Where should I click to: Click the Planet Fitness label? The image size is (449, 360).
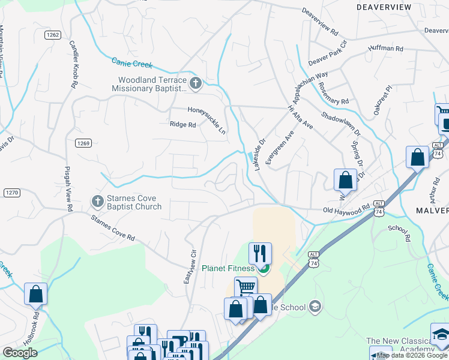pyautogui.click(x=228, y=268)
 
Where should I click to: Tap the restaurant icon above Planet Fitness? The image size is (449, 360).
pyautogui.click(x=260, y=253)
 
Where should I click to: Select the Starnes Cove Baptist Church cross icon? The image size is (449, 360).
pyautogui.click(x=97, y=200)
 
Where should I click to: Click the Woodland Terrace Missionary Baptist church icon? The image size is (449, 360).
pyautogui.click(x=195, y=83)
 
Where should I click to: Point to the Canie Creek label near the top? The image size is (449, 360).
pyautogui.click(x=132, y=62)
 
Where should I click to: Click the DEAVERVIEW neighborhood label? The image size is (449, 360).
pyautogui.click(x=384, y=7)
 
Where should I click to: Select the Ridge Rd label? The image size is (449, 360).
pyautogui.click(x=183, y=125)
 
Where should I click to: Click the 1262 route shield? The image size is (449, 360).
pyautogui.click(x=53, y=35)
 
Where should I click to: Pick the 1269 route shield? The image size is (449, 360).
pyautogui.click(x=83, y=143)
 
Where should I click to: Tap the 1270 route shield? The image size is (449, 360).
pyautogui.click(x=11, y=192)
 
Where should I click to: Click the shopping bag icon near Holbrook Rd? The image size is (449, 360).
pyautogui.click(x=35, y=293)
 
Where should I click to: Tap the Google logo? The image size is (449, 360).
pyautogui.click(x=20, y=352)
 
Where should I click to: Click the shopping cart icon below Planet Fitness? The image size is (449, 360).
pyautogui.click(x=246, y=287)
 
